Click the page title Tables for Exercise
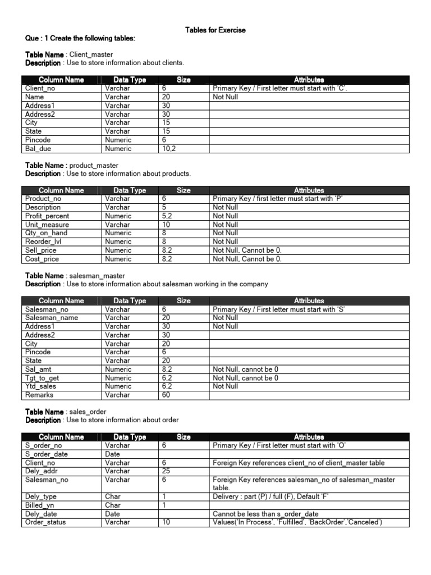coord(215,30)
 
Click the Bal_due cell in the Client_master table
coord(39,149)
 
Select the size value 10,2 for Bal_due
coord(169,149)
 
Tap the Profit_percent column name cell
coord(47,216)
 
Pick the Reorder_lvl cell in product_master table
coord(42,242)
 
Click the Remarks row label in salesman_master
coord(39,395)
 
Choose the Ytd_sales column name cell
coord(40,386)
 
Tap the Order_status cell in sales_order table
coord(45,523)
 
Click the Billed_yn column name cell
coord(40,505)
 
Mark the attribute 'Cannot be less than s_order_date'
coord(265,514)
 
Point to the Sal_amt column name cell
coord(39,369)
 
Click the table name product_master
coord(94,166)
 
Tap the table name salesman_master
coord(97,276)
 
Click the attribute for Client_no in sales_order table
coord(306,463)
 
